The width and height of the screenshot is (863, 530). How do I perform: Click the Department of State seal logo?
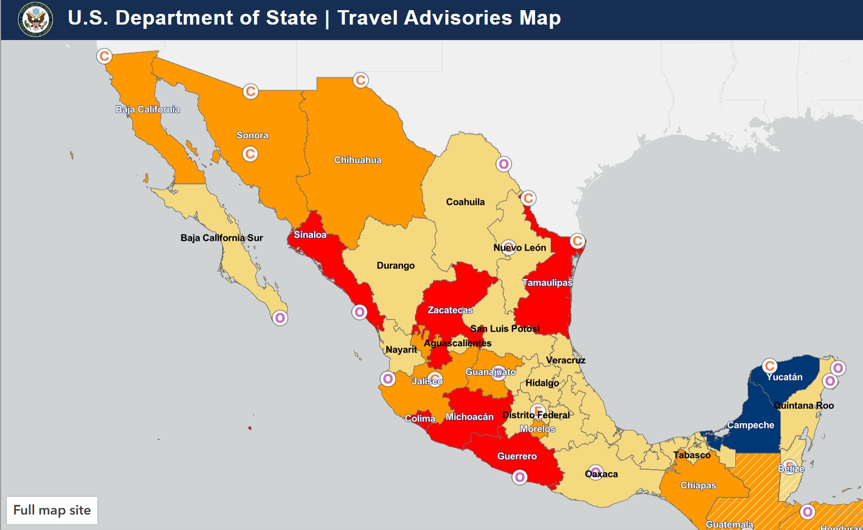(36, 20)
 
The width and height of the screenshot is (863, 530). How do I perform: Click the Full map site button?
(52, 510)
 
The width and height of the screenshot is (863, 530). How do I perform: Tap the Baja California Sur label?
(222, 238)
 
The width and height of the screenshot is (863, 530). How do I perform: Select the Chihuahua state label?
(358, 160)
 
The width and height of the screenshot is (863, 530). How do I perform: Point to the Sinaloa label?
(310, 235)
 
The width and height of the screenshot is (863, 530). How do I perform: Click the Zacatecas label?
(450, 310)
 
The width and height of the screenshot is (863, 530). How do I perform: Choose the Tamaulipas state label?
(547, 283)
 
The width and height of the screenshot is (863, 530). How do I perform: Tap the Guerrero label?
(517, 456)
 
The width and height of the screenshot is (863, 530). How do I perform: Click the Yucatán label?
(784, 377)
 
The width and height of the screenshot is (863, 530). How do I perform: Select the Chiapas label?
(698, 485)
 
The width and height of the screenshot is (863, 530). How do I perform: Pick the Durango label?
(396, 266)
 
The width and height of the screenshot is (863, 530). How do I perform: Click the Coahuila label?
(465, 202)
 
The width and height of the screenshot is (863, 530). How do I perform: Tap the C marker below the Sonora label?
(250, 154)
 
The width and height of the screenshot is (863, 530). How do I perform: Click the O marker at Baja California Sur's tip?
(280, 318)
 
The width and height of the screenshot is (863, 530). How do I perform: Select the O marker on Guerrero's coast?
(520, 477)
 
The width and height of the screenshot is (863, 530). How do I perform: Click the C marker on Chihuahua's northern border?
(361, 80)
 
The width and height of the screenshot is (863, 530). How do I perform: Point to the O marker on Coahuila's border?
(504, 164)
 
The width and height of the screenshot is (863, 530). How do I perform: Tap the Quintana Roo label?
(804, 406)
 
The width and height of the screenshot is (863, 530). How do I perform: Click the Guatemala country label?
(729, 524)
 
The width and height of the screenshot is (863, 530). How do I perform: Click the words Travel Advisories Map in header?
(449, 18)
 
